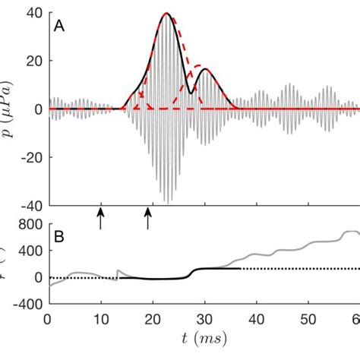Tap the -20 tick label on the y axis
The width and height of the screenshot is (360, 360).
point(31,156)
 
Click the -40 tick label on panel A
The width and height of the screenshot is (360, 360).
point(31,204)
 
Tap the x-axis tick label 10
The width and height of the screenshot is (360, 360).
point(100,318)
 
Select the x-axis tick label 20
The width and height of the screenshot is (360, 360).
point(153,318)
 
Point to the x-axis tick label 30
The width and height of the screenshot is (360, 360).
point(204,318)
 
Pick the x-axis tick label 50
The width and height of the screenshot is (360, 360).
point(308,318)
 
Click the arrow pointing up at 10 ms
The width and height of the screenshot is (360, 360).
point(100,219)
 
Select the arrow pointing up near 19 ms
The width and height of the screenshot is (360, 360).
point(148,219)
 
